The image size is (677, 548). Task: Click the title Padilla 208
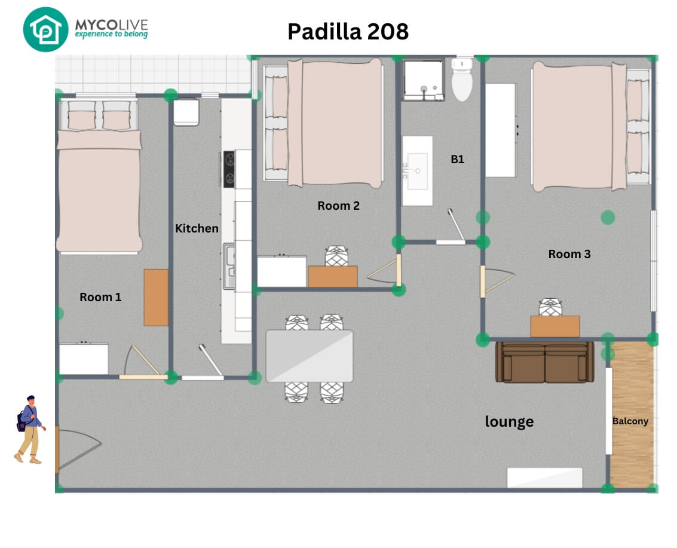(x=348, y=32)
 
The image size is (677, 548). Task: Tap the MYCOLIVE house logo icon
(x=45, y=29)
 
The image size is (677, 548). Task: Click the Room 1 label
(x=100, y=297)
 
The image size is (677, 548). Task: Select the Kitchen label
(x=197, y=228)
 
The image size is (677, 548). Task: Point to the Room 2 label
(x=338, y=206)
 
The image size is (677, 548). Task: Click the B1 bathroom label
(x=457, y=160)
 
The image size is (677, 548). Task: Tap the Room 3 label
(x=569, y=254)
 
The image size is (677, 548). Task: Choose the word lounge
(x=509, y=421)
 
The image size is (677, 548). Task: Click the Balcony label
(x=630, y=421)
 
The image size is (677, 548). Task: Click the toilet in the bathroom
(x=462, y=79)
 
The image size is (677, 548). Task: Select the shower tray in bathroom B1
(x=423, y=80)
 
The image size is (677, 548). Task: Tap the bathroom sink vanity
(x=417, y=170)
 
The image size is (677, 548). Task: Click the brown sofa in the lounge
(x=544, y=362)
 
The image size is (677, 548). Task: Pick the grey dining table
(x=309, y=356)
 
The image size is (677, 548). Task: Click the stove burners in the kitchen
(x=229, y=169)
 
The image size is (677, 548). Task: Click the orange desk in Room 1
(x=156, y=298)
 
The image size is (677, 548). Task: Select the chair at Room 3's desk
(x=550, y=307)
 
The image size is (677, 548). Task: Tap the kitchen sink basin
(x=229, y=266)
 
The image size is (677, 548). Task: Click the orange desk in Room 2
(x=333, y=276)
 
